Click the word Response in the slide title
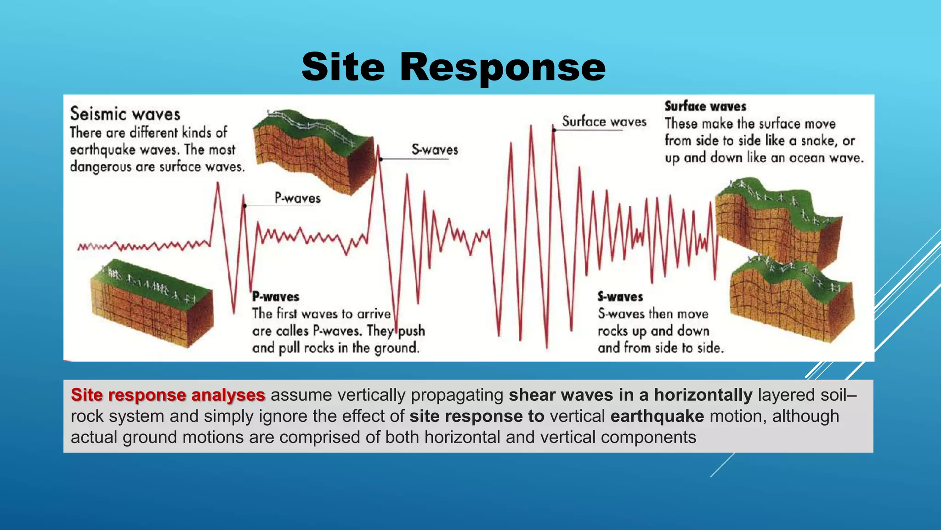[503, 68]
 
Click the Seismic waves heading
[125, 114]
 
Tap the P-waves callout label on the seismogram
[297, 198]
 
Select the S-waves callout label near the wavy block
[435, 150]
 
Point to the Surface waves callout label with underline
[604, 121]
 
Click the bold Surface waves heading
[705, 106]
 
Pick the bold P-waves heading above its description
[276, 297]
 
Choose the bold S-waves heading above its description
[620, 297]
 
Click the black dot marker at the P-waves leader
[244, 206]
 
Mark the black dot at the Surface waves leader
[554, 130]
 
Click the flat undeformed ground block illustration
[152, 304]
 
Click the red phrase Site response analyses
[168, 395]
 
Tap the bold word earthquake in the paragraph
[657, 416]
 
